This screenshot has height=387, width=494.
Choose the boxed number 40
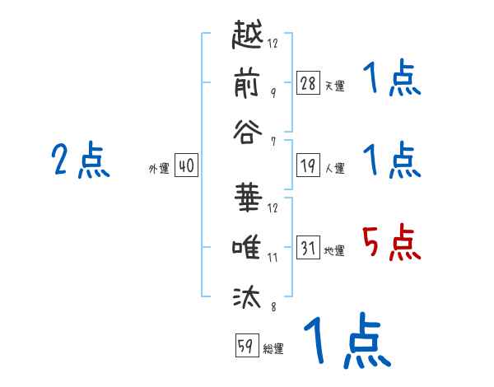point(185,166)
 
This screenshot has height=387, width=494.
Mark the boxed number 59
point(245,347)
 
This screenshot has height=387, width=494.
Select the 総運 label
point(273,349)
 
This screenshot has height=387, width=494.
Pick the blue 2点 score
point(80,161)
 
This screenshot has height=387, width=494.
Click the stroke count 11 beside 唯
point(273,258)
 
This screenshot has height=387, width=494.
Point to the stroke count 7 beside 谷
point(273,142)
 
